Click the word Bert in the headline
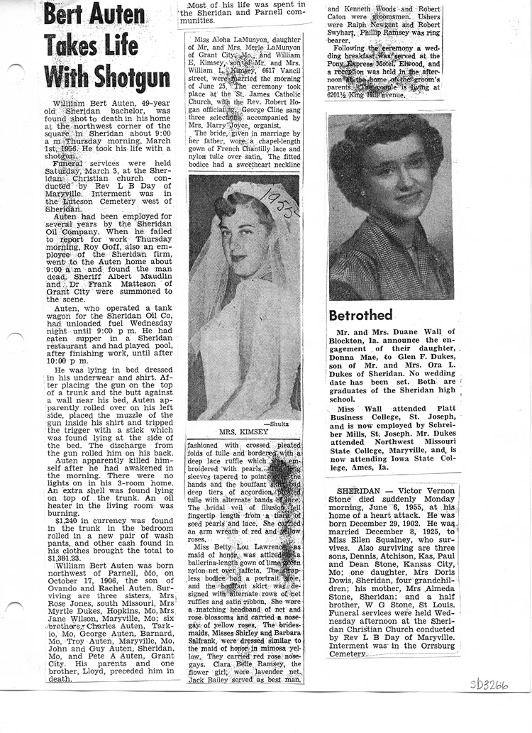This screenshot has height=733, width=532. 64,16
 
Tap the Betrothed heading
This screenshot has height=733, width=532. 360,314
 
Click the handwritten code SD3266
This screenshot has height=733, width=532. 490,686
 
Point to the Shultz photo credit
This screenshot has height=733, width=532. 288,423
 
